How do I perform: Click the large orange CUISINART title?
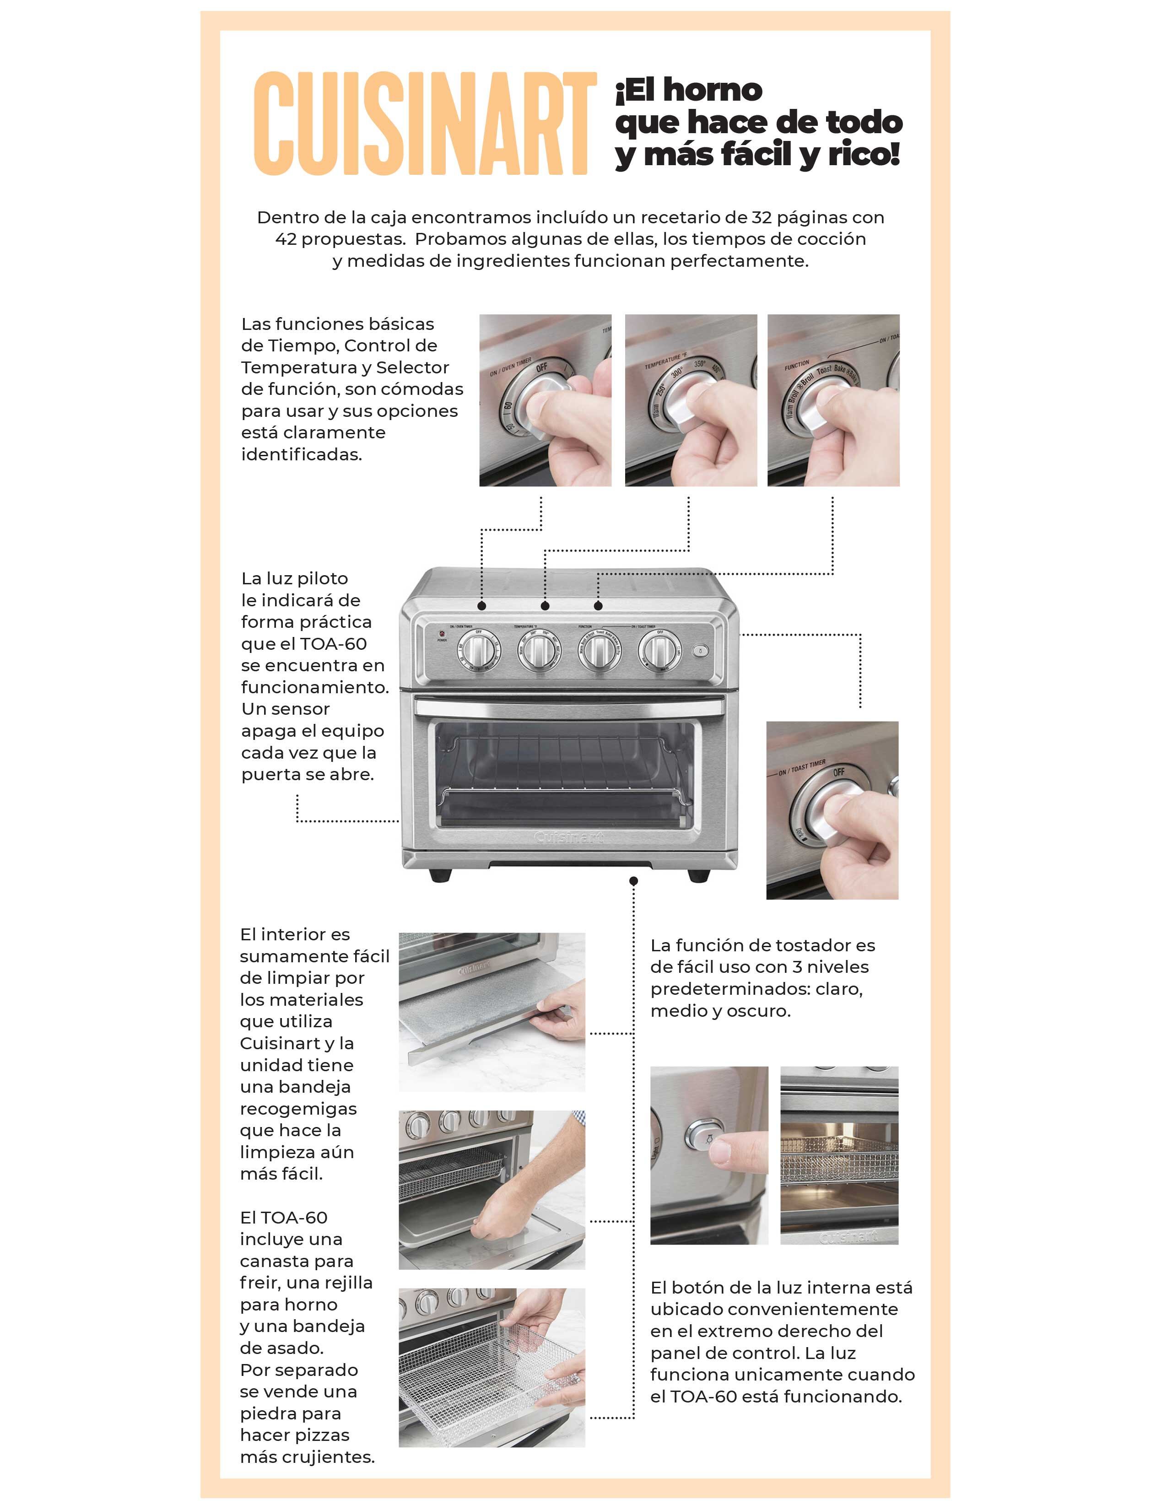click(425, 123)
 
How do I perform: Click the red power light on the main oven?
click(440, 633)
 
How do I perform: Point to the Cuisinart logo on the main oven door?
click(569, 837)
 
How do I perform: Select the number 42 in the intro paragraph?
click(286, 239)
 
